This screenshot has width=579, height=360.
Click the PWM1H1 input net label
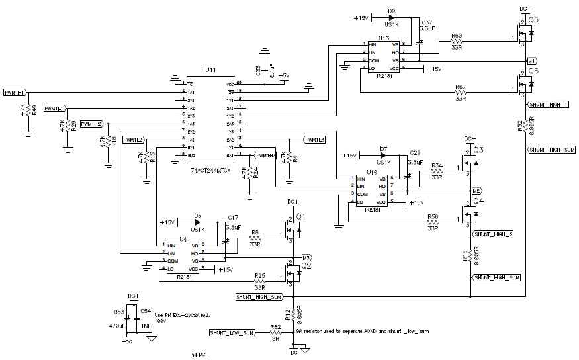[15, 92]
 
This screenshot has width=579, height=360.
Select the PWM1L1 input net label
[55, 107]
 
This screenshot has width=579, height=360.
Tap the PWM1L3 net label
[314, 140]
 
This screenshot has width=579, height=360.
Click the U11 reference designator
[210, 69]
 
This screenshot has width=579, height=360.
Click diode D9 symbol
[392, 17]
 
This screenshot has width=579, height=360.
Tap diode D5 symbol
[197, 222]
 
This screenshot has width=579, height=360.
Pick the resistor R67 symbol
[461, 92]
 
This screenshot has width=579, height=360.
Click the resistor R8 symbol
[255, 238]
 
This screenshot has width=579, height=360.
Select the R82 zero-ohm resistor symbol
[275, 332]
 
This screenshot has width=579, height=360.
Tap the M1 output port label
[531, 60]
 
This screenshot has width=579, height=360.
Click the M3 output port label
[306, 257]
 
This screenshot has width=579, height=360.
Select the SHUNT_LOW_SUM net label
[232, 332]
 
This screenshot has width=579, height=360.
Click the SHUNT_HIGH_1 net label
[549, 105]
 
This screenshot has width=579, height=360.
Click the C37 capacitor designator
[427, 21]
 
